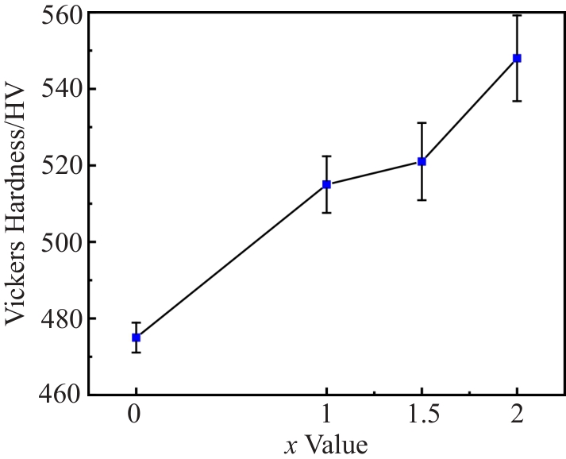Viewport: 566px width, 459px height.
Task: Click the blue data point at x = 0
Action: pyautogui.click(x=137, y=337)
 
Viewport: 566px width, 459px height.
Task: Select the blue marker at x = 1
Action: pyautogui.click(x=326, y=184)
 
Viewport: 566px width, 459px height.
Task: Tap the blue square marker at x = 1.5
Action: pyautogui.click(x=422, y=161)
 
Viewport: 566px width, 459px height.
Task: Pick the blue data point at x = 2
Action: pyautogui.click(x=517, y=58)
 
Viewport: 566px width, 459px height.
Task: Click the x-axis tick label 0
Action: pyautogui.click(x=137, y=416)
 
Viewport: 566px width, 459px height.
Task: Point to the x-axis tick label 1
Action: pyautogui.click(x=326, y=416)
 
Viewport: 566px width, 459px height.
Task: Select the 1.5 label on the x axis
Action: pyautogui.click(x=422, y=416)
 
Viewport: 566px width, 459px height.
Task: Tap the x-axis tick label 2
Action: pyautogui.click(x=517, y=416)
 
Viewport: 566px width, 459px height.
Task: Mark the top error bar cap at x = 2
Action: pyautogui.click(x=517, y=15)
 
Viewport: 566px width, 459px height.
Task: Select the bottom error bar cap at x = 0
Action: pyautogui.click(x=137, y=352)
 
